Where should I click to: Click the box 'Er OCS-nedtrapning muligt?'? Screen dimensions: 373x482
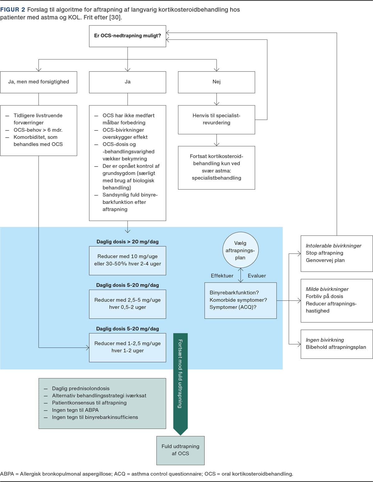tap(127, 36)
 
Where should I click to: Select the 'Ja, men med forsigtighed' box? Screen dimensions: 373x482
tap(39, 82)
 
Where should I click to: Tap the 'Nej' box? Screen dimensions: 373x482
tap(216, 82)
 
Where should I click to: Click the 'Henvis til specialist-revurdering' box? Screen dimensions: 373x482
tap(216, 119)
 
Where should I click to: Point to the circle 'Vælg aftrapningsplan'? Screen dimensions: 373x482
tap(240, 250)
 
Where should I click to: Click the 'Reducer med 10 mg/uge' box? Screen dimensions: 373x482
tap(127, 261)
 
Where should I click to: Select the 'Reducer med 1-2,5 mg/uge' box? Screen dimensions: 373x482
tap(127, 348)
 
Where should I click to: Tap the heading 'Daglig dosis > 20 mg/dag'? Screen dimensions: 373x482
tap(127, 241)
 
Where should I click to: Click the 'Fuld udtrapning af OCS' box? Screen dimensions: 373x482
tap(180, 451)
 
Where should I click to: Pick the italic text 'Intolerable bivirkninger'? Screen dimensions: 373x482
tap(333, 246)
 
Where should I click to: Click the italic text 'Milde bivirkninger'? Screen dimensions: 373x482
tap(327, 289)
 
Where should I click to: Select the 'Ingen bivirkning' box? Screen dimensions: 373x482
tap(337, 344)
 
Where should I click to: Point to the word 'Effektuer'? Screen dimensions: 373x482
tap(222, 276)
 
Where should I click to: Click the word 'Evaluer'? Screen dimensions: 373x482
tap(257, 276)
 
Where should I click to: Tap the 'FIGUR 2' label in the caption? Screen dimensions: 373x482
tap(13, 10)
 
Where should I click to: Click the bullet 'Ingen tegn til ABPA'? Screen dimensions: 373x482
tap(75, 410)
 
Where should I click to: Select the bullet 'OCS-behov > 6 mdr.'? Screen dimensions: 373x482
tap(38, 130)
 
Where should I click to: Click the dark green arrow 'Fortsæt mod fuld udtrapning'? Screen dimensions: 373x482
tap(180, 384)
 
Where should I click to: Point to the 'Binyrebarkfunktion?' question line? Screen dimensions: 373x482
tap(234, 292)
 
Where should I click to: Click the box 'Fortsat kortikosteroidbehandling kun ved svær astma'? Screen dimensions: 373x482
tap(216, 168)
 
